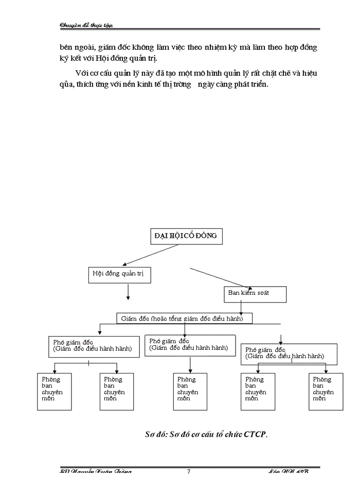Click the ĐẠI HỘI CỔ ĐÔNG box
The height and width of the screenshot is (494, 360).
(x=186, y=236)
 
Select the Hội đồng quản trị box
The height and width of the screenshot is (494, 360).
(x=118, y=274)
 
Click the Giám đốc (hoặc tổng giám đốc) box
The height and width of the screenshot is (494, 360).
(x=186, y=319)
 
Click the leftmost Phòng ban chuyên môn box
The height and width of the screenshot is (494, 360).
(x=54, y=392)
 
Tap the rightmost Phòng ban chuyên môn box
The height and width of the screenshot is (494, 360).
(x=326, y=392)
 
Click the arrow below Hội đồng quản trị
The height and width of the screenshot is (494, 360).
(x=128, y=291)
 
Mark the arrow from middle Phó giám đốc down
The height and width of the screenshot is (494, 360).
(x=190, y=364)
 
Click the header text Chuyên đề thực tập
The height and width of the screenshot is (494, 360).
(x=86, y=25)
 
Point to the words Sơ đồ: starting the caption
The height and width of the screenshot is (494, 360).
(x=157, y=434)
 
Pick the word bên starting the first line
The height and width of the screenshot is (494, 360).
(x=67, y=47)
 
